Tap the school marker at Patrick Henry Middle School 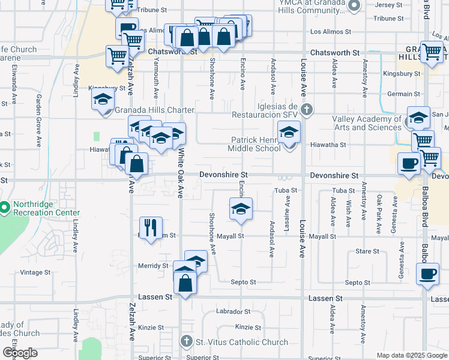[289, 131]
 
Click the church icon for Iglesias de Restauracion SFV [307, 109]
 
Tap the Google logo [20, 353]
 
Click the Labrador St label [234, 311]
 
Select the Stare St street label [367, 251]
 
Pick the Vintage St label [36, 272]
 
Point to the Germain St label [403, 94]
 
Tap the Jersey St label [388, 5]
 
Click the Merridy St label [153, 265]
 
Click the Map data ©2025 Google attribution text [412, 355]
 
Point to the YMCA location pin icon [354, 7]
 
